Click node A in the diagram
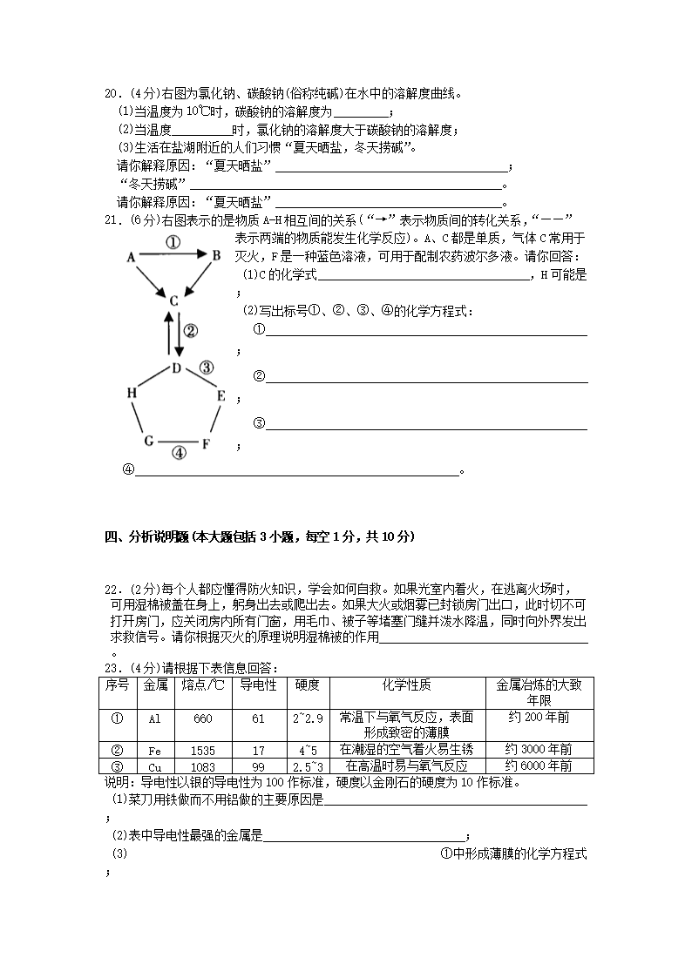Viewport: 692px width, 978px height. (131, 257)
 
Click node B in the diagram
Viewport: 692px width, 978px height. (216, 254)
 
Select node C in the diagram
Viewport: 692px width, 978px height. (173, 300)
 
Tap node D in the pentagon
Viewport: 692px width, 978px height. (175, 368)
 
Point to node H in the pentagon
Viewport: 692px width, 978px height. (132, 394)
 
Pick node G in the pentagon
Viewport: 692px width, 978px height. (149, 441)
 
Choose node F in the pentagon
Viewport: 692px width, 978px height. (207, 443)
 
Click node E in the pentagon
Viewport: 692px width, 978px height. (221, 396)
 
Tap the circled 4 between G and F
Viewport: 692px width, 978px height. (178, 453)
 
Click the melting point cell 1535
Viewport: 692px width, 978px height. (203, 749)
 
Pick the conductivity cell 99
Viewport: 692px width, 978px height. (258, 766)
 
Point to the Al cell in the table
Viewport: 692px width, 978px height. (154, 718)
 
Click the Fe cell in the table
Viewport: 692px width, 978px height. (154, 749)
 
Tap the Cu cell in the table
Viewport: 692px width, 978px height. (154, 766)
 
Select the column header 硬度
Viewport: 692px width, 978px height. (308, 685)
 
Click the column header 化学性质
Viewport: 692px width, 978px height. (407, 685)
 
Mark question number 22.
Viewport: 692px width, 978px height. (112, 590)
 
